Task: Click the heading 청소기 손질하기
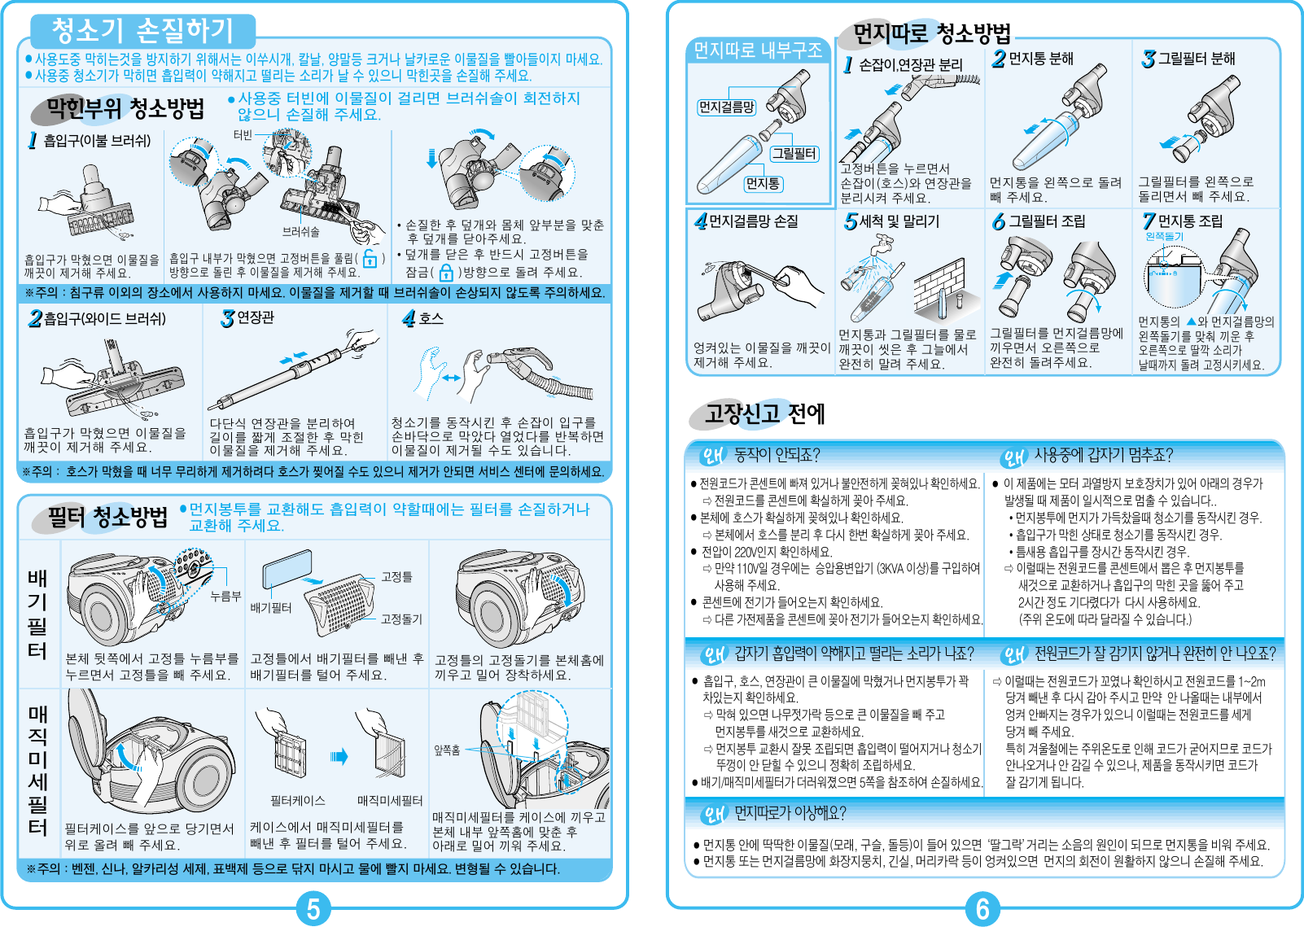tap(142, 31)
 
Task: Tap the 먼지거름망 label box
tap(726, 107)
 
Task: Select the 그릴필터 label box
tap(794, 153)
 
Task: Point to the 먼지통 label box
tap(762, 184)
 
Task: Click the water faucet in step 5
tap(882, 243)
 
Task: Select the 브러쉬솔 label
tap(300, 232)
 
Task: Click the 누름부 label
tap(225, 596)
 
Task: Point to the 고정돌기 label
tap(401, 619)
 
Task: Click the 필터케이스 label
tap(298, 801)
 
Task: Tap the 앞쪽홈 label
tap(447, 750)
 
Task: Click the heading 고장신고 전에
tap(764, 413)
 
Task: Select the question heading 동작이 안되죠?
tap(777, 454)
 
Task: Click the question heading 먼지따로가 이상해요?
tap(790, 812)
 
